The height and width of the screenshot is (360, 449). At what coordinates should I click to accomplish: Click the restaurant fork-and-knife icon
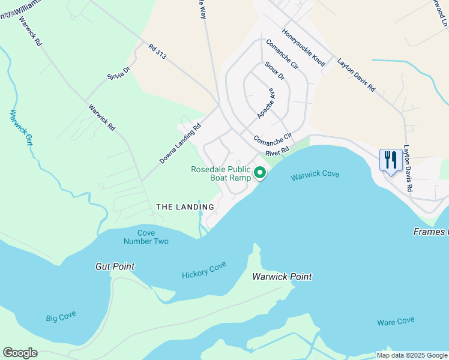point(391,160)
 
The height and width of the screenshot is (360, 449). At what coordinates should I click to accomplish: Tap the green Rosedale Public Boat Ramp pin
point(260,173)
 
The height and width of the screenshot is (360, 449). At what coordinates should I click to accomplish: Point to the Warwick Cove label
point(315,176)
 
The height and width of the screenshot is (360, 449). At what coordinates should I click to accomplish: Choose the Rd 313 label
point(157,52)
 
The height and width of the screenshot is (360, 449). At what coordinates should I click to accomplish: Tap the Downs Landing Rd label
point(179,145)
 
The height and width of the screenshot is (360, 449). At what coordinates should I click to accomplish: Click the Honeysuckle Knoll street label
point(303,48)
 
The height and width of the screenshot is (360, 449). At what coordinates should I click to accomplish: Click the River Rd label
point(277,149)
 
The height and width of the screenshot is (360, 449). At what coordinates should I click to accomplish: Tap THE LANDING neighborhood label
point(177,206)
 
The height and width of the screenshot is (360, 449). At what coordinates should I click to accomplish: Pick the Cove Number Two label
point(146,237)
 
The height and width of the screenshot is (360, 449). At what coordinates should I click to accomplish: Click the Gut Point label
point(115,266)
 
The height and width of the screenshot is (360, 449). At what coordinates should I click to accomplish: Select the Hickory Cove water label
point(204,270)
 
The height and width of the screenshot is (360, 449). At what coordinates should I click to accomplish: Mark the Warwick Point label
point(282,277)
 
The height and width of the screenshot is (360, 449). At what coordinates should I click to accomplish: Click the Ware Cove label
point(396,322)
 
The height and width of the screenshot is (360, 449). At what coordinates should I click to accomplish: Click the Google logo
point(20,353)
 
